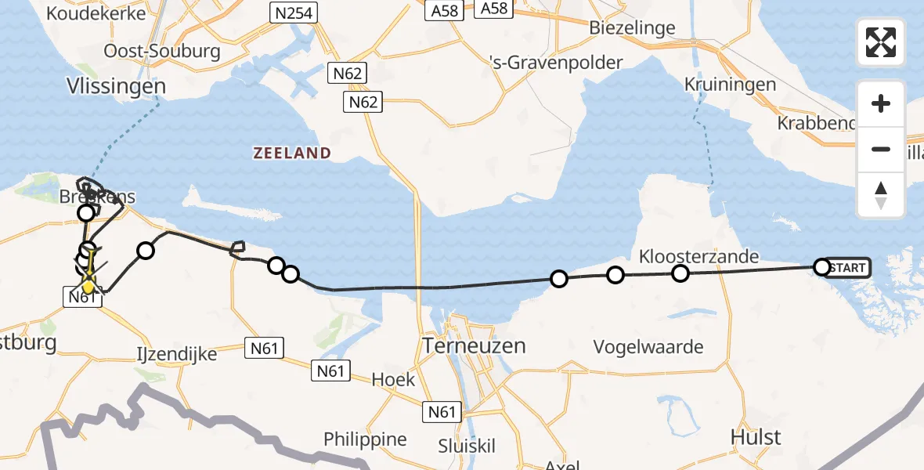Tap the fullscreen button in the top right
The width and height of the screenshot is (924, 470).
(881, 42)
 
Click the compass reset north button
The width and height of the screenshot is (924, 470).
(881, 195)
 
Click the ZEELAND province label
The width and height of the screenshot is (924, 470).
(292, 153)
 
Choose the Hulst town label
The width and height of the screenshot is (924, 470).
(756, 436)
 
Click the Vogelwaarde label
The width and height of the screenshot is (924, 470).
(648, 346)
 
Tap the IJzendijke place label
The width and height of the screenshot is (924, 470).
(176, 354)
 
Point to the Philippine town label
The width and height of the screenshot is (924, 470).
(366, 439)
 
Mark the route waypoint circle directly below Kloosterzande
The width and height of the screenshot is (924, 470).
(680, 273)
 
